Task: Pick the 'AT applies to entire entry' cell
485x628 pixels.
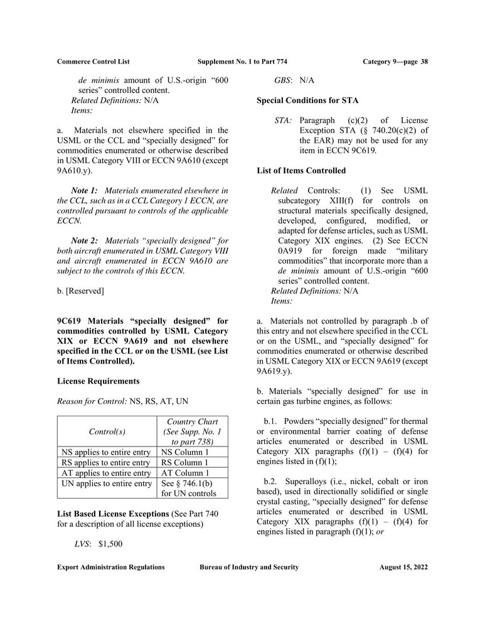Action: [105, 474]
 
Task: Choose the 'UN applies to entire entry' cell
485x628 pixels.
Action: [105, 484]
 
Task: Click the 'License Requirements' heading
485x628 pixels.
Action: [98, 381]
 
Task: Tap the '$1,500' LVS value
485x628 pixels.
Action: [110, 544]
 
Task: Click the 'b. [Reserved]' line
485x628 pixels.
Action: [80, 291]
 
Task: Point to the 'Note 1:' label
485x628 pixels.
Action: [85, 190]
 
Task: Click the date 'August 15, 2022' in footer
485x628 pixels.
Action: [403, 567]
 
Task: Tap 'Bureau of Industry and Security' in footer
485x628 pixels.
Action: [249, 567]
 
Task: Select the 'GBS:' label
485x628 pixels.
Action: [285, 80]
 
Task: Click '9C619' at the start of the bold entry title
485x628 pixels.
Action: [71, 322]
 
